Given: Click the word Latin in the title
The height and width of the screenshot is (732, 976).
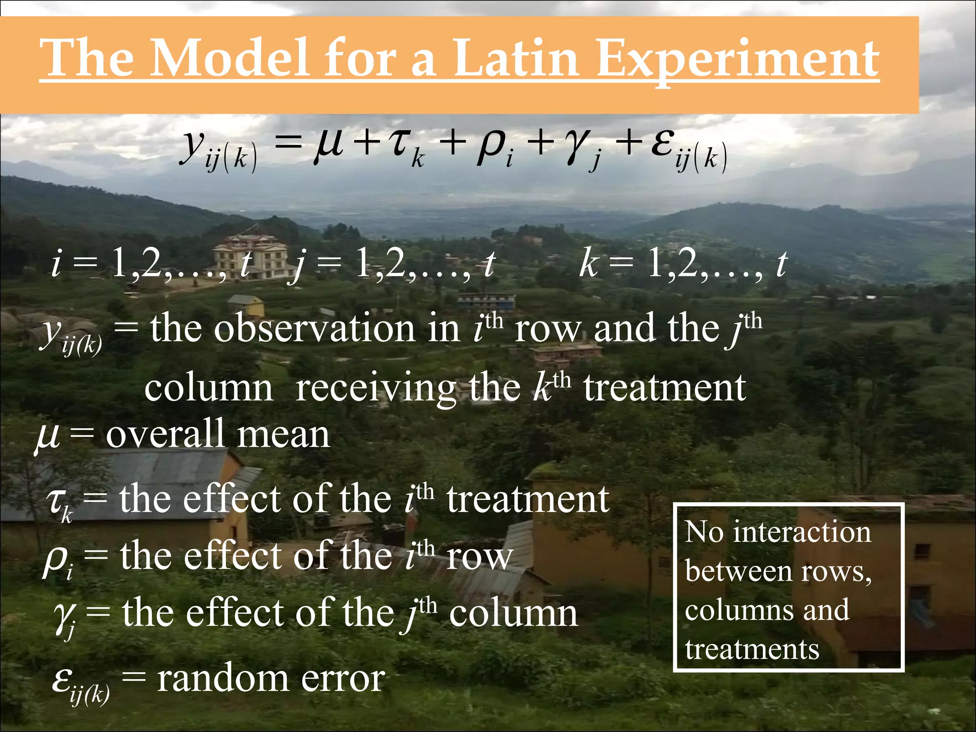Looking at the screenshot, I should click(516, 59).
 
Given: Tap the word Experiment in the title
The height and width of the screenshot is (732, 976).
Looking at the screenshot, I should click(737, 60).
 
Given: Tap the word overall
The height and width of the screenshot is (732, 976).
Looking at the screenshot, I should click(165, 434).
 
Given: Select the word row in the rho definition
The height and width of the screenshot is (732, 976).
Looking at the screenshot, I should click(479, 556).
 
